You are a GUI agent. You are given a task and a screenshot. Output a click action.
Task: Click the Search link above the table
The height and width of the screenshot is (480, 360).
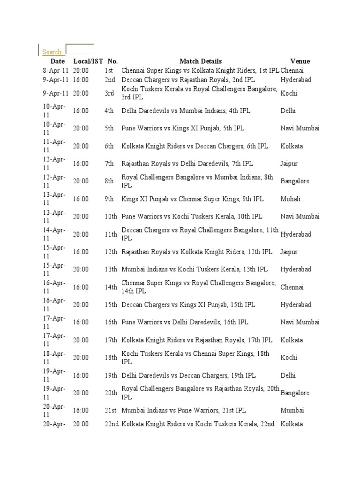(x=52, y=52)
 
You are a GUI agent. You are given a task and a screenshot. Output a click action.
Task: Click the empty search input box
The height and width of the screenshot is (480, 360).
(x=80, y=49)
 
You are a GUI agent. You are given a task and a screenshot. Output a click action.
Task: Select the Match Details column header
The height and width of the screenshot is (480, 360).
(x=201, y=61)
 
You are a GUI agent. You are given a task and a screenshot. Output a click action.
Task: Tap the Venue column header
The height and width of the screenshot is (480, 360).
(x=300, y=61)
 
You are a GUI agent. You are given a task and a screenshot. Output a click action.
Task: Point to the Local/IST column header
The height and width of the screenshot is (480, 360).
(x=88, y=61)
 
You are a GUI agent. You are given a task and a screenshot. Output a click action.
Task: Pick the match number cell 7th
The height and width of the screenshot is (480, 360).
(x=109, y=164)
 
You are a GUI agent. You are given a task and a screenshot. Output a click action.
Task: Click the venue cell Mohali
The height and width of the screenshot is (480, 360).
(x=291, y=199)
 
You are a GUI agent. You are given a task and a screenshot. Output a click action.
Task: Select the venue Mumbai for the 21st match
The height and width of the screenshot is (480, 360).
(x=292, y=410)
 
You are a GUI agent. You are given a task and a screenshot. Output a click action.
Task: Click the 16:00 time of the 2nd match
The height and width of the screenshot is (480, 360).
(x=81, y=80)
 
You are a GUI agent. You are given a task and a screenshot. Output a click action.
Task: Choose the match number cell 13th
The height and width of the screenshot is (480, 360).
(x=111, y=270)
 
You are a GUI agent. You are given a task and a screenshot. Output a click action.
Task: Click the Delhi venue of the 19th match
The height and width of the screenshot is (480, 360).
(x=288, y=375)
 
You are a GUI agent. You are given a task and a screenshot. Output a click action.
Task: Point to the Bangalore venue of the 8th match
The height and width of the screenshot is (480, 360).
(x=295, y=181)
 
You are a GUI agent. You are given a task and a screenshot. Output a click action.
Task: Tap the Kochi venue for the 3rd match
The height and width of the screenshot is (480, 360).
(x=289, y=93)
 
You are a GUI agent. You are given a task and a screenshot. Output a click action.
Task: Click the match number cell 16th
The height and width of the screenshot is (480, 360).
(x=111, y=322)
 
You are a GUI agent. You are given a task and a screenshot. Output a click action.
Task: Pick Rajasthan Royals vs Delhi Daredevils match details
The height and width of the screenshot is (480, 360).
(x=187, y=164)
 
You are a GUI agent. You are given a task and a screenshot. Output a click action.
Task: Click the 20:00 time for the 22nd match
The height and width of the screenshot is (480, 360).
(x=81, y=424)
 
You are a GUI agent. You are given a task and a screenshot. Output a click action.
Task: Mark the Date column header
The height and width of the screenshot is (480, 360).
(x=58, y=61)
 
